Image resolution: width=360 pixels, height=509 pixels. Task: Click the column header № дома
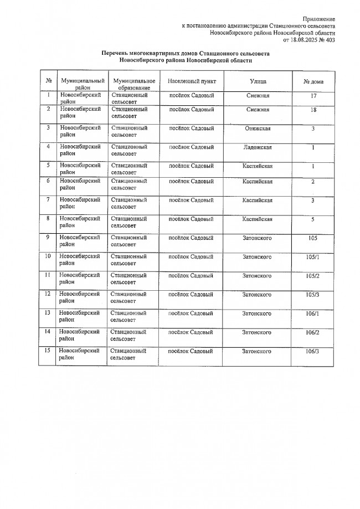click(x=313, y=81)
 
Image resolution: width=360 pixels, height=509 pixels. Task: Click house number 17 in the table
click(x=313, y=96)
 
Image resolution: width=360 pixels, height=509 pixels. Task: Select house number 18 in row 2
click(x=313, y=110)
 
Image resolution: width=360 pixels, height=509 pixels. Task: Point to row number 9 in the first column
click(x=48, y=238)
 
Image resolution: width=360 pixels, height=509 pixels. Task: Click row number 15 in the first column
click(x=48, y=351)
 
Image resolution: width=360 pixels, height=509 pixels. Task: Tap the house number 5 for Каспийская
click(x=313, y=219)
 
